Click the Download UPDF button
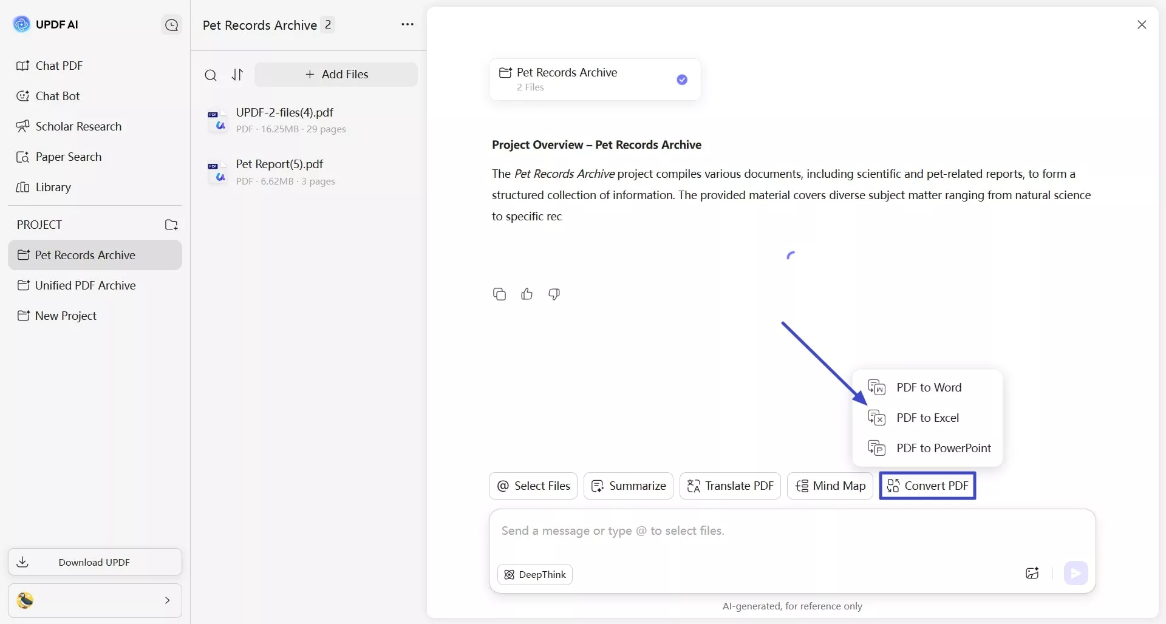95,562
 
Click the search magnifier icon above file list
211,75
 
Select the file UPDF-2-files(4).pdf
284,113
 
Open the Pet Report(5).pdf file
279,164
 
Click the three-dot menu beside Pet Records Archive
407,25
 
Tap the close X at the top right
1142,25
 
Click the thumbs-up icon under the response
527,294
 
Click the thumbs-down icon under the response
554,294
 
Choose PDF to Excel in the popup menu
927,418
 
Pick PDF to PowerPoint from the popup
943,448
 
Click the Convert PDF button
927,486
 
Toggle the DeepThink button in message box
535,575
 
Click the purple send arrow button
1076,573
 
